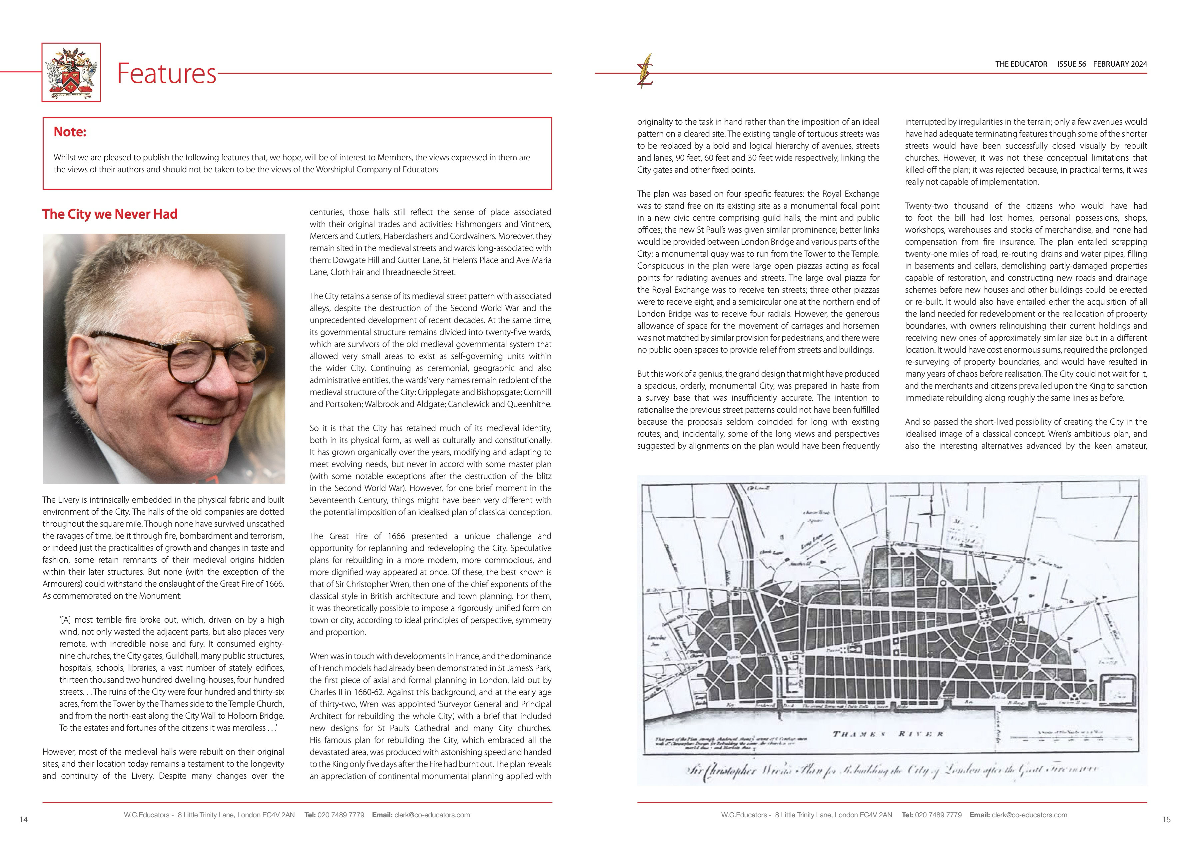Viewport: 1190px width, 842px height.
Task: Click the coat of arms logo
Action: [71, 72]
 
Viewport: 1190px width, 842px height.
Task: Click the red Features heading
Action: [166, 73]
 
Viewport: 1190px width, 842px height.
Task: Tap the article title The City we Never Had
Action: [110, 214]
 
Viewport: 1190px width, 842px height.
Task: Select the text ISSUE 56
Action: [1071, 64]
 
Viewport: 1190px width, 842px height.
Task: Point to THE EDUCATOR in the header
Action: [1021, 64]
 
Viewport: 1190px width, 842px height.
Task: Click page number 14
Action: [23, 820]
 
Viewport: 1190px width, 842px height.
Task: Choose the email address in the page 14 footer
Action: [432, 815]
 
